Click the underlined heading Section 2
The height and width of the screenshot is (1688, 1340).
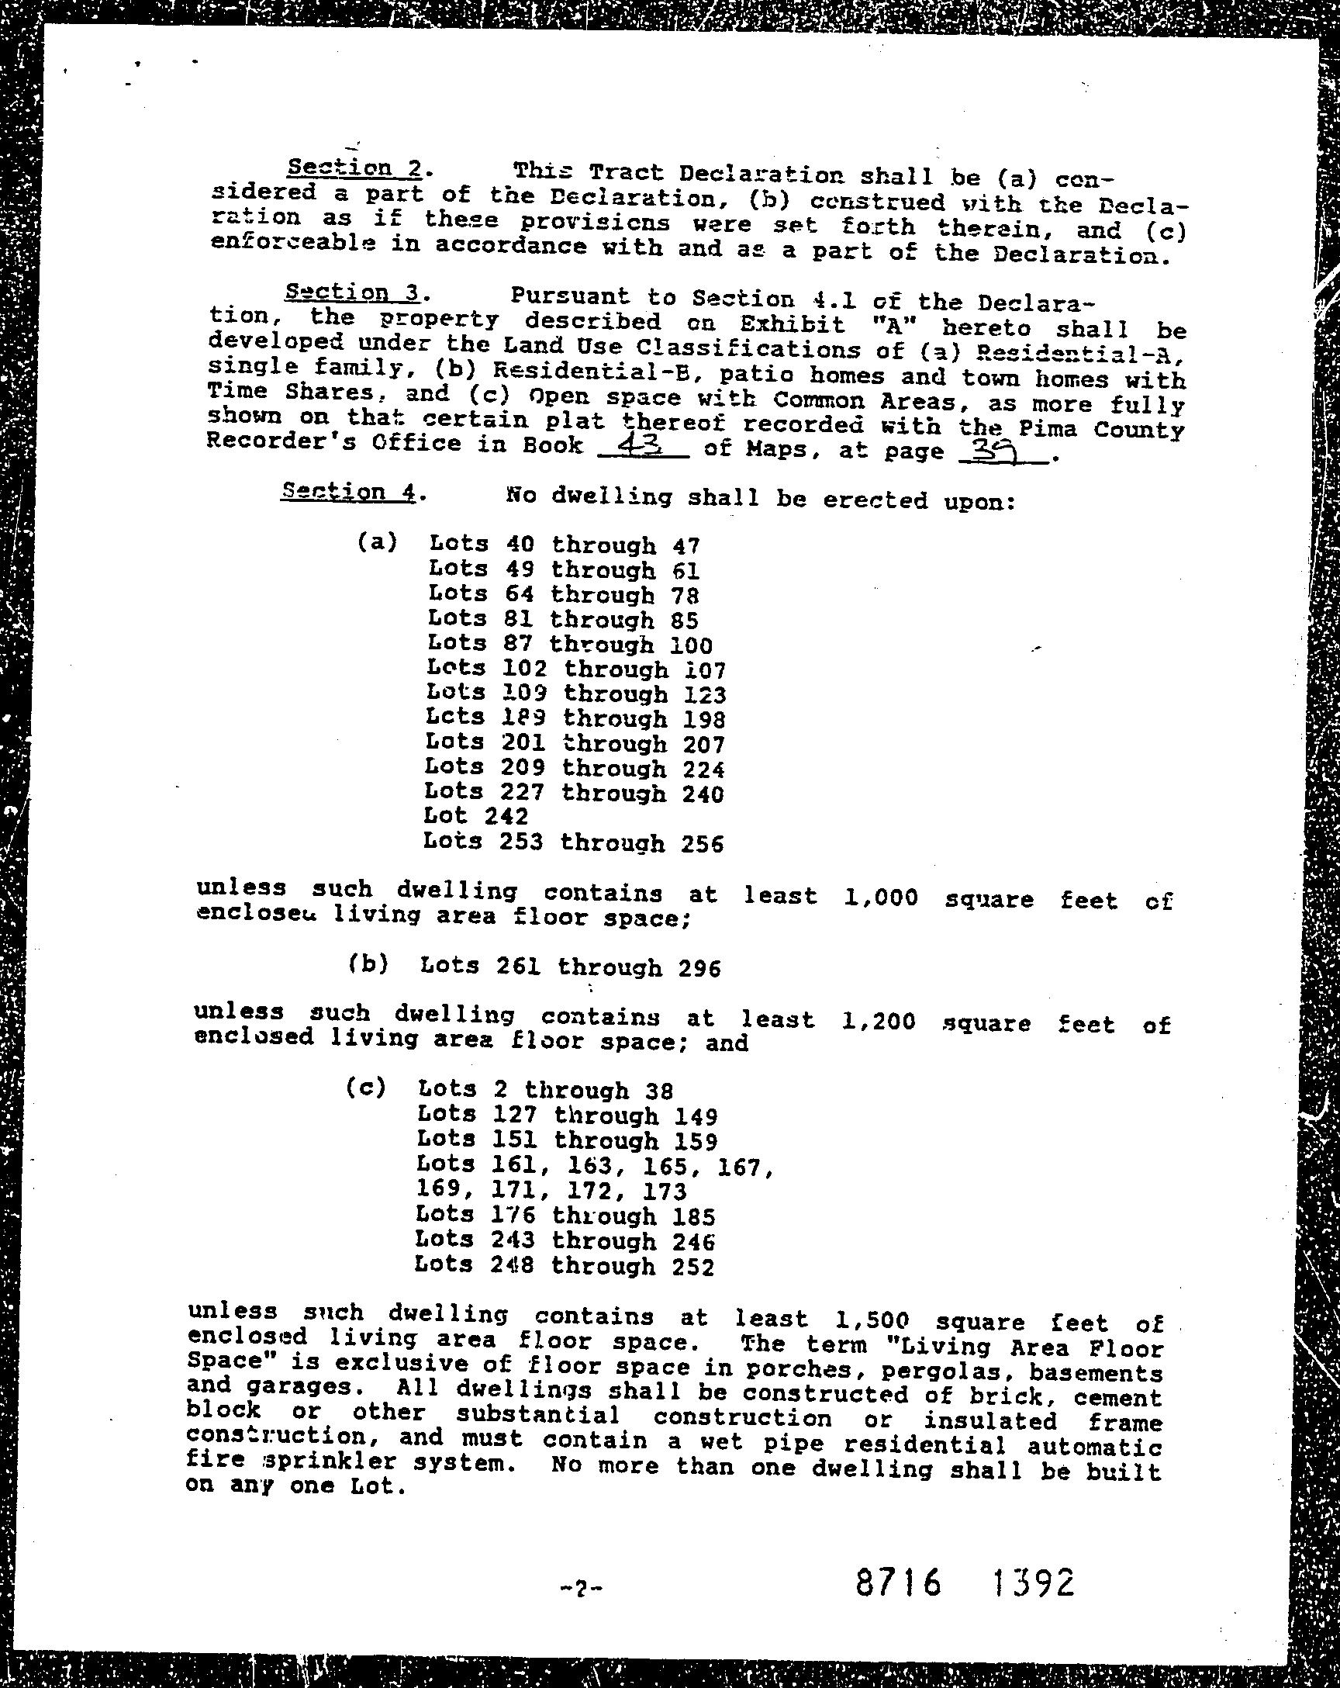(x=354, y=168)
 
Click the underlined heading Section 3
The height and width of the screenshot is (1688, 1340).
(x=353, y=292)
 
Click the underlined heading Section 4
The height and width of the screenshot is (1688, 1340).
(x=348, y=492)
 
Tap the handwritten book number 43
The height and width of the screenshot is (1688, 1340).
(x=640, y=445)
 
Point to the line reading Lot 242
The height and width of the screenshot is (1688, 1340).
(x=476, y=816)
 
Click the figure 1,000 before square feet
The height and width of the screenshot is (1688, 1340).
(x=881, y=897)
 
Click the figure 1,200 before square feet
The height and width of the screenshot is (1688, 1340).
(x=878, y=1021)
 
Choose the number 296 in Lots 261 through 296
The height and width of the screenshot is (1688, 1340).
(x=699, y=969)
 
